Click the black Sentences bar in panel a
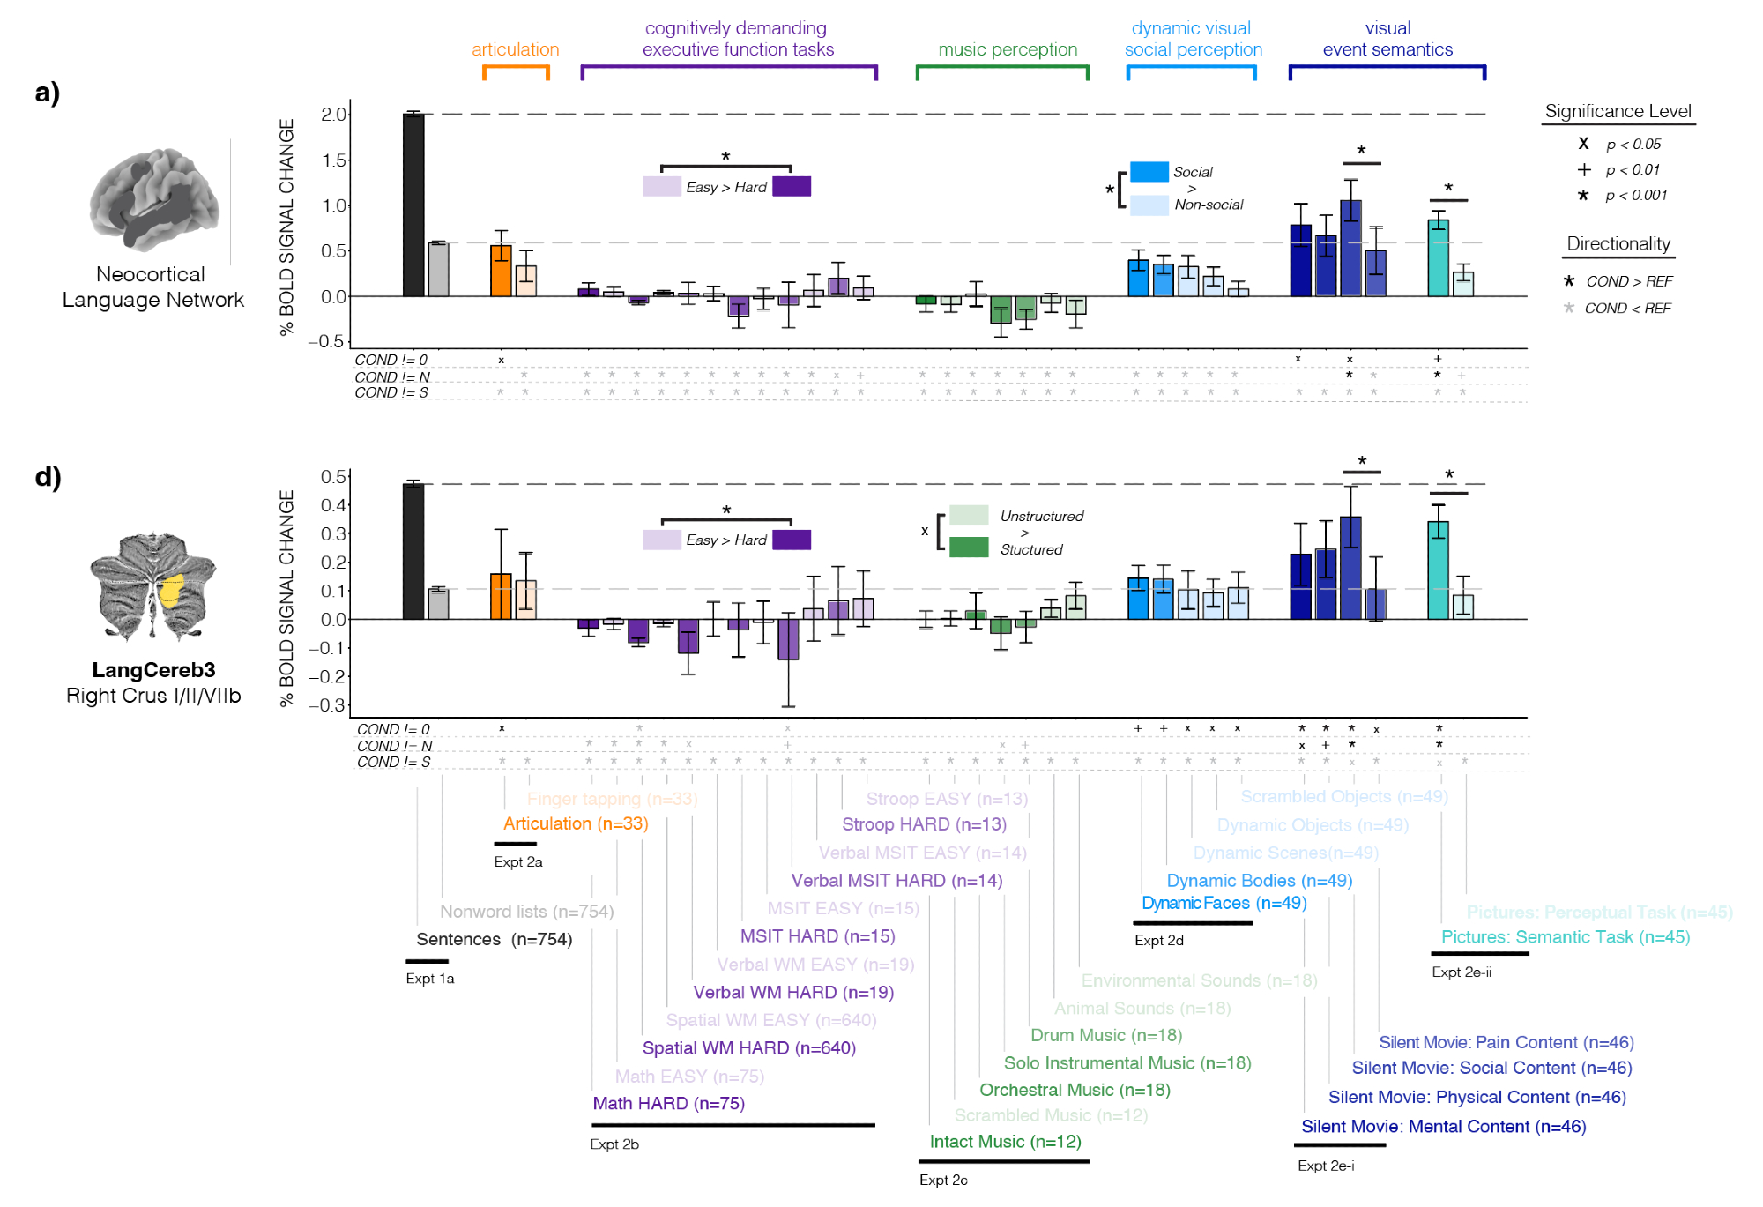click(x=413, y=205)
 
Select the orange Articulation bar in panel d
click(x=501, y=597)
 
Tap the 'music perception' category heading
click(x=1008, y=49)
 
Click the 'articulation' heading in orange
click(x=515, y=49)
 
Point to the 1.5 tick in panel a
click(x=333, y=160)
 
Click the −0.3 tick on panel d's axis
click(x=327, y=704)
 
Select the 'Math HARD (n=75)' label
click(x=668, y=1103)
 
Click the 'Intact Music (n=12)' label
click(x=1005, y=1142)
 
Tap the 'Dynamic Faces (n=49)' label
click(x=1224, y=903)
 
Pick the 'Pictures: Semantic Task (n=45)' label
click(x=1565, y=937)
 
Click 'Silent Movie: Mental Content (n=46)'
click(x=1443, y=1126)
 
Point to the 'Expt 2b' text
click(x=614, y=1144)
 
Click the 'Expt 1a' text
click(x=430, y=979)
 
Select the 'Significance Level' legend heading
click(x=1618, y=111)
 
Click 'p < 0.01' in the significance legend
click(x=1632, y=169)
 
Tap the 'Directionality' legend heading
click(x=1618, y=243)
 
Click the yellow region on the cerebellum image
click(x=171, y=590)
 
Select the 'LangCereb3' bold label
click(x=153, y=670)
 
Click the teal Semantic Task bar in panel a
click(x=1438, y=258)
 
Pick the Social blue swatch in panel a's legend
click(x=1149, y=172)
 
